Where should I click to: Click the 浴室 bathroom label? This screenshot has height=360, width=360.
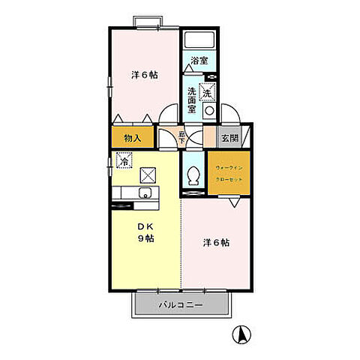pos(199,61)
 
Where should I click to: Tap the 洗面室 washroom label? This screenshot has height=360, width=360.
pos(193,100)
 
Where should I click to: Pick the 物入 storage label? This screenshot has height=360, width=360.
pos(130,139)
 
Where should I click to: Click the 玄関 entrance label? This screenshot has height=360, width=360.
pos(229,139)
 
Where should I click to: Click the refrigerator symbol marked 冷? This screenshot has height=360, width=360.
pos(124,160)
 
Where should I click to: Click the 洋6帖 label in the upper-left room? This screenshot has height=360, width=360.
pos(145,75)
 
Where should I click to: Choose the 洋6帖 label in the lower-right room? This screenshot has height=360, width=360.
pos(217,243)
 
